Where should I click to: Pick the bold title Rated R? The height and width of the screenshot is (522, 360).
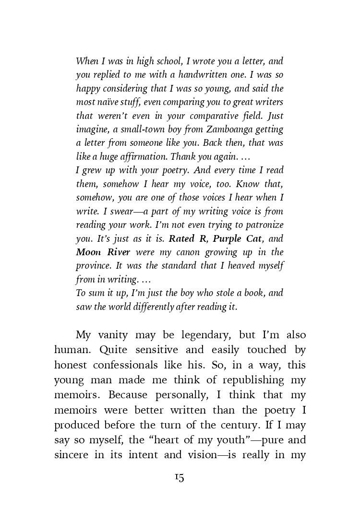pos(189,238)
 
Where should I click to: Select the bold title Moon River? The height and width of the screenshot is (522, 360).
pos(103,252)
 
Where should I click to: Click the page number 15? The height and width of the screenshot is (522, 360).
pos(179,477)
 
